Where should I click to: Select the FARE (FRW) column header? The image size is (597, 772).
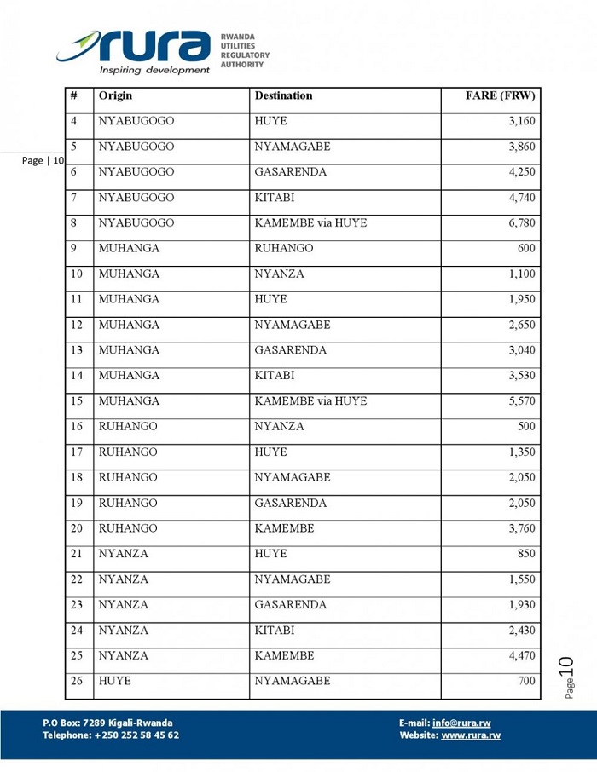click(500, 96)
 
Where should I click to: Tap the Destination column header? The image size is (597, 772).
click(283, 96)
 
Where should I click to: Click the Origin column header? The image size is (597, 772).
click(115, 96)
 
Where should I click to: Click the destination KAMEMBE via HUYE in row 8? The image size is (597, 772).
click(310, 223)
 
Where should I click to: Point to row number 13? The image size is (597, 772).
click(77, 350)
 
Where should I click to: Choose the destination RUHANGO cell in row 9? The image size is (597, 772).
click(283, 249)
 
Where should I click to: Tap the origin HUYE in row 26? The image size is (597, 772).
click(114, 681)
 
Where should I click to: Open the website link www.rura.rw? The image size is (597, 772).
click(471, 735)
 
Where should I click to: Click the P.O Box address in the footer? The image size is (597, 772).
click(107, 723)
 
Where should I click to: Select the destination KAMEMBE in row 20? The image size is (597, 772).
click(284, 528)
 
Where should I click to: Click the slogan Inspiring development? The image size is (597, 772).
click(154, 70)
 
